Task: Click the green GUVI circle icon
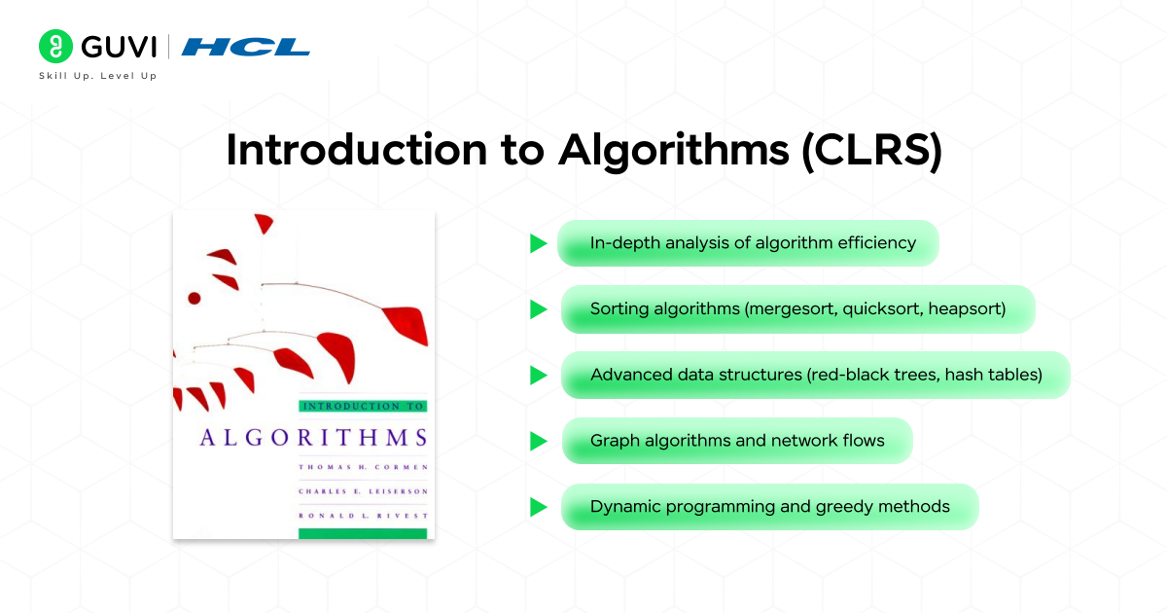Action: click(x=56, y=46)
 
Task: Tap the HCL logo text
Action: click(x=246, y=46)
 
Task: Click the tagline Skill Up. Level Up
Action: click(x=97, y=76)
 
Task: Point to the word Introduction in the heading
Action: click(x=359, y=151)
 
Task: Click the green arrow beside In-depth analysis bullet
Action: click(x=538, y=243)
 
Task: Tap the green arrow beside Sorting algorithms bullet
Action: click(x=538, y=309)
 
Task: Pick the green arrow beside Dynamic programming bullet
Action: click(x=538, y=507)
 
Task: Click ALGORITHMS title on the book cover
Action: click(x=313, y=436)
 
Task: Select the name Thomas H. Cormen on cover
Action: click(x=363, y=467)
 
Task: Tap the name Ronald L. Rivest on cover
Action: click(x=363, y=515)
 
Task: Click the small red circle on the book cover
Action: click(x=194, y=298)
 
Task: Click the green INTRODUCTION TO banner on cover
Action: click(x=363, y=406)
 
